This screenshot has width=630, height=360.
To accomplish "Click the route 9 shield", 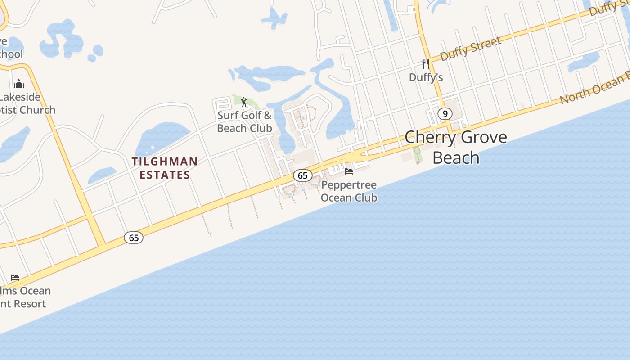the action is pyautogui.click(x=445, y=114).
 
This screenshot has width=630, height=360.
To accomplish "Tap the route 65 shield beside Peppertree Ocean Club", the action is pyautogui.click(x=302, y=175).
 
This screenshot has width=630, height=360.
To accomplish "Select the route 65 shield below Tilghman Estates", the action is pyautogui.click(x=134, y=238).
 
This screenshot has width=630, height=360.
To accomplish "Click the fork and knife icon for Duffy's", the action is pyautogui.click(x=425, y=64).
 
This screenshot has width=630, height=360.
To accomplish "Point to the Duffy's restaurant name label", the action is pyautogui.click(x=426, y=77).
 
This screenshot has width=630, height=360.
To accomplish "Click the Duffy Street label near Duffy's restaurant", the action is pyautogui.click(x=470, y=49).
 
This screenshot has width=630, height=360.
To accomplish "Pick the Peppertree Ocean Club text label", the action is pyautogui.click(x=349, y=191).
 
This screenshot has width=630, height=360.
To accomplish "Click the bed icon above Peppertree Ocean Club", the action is pyautogui.click(x=349, y=171).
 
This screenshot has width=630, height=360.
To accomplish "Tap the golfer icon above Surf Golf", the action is pyautogui.click(x=244, y=102).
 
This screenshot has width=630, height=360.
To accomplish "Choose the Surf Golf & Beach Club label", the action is pyautogui.click(x=244, y=121).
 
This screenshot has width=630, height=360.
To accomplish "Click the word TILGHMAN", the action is pyautogui.click(x=165, y=161).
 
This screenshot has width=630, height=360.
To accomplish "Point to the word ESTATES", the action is pyautogui.click(x=165, y=175).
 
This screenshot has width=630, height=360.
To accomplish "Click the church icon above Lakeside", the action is pyautogui.click(x=19, y=84).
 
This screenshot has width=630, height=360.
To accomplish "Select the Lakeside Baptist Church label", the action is pyautogui.click(x=25, y=103).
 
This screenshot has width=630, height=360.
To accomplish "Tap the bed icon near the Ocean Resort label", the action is pyautogui.click(x=15, y=277).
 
